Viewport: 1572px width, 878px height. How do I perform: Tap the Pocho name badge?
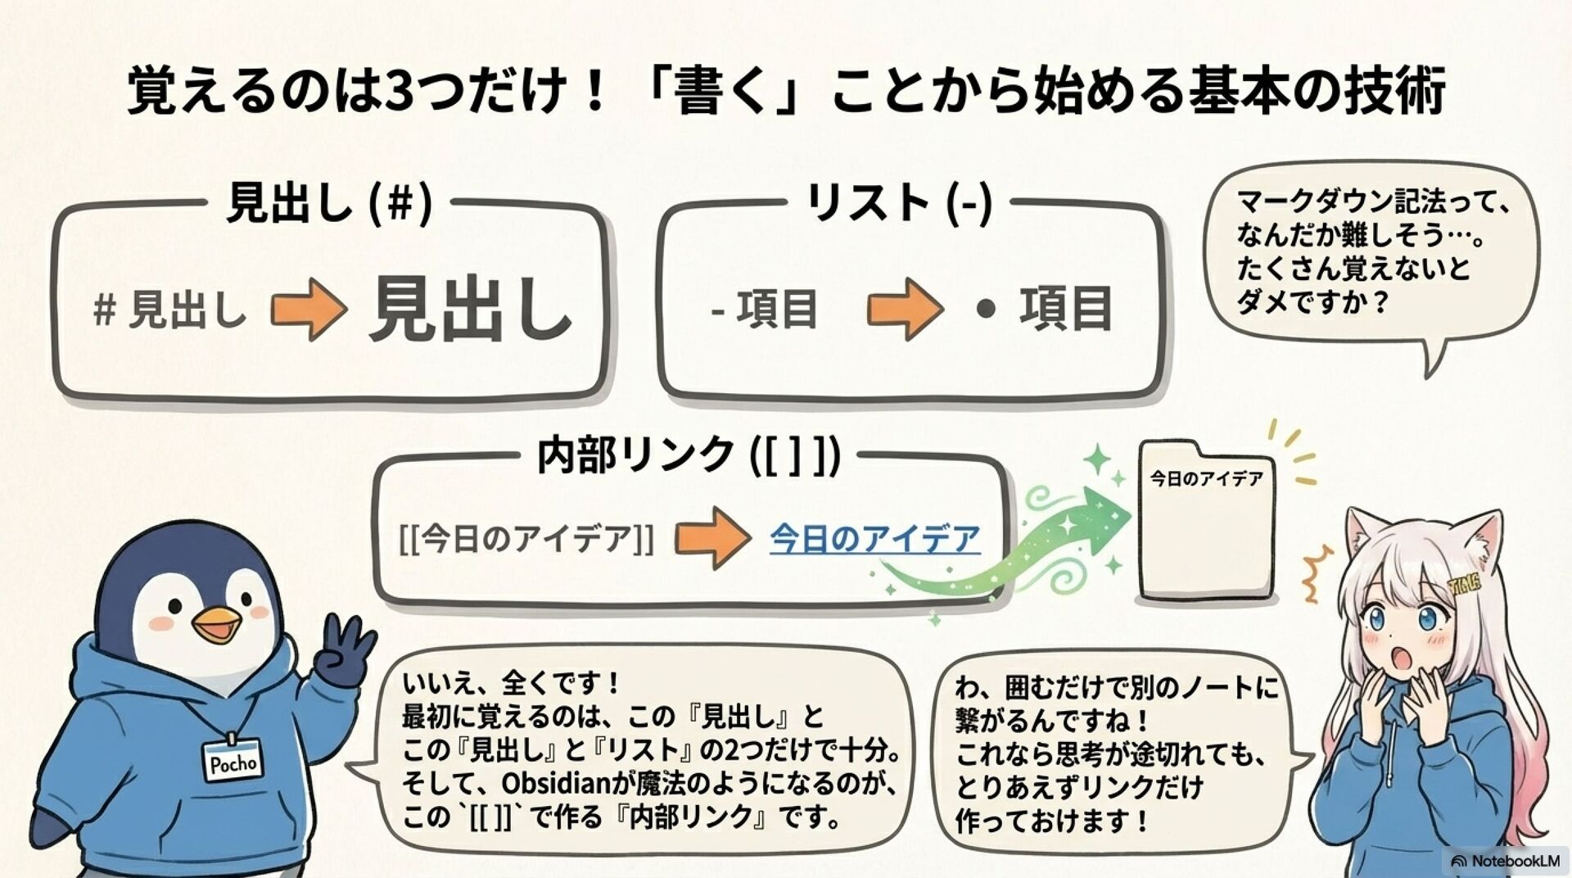233,761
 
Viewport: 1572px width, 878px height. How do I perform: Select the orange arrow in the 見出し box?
308,310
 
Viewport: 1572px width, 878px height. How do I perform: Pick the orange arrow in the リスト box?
904,310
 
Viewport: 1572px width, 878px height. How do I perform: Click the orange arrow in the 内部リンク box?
712,538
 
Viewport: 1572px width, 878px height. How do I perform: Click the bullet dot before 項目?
986,309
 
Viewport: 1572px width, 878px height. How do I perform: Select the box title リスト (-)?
898,202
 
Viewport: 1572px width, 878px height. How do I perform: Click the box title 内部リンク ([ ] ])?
688,455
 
